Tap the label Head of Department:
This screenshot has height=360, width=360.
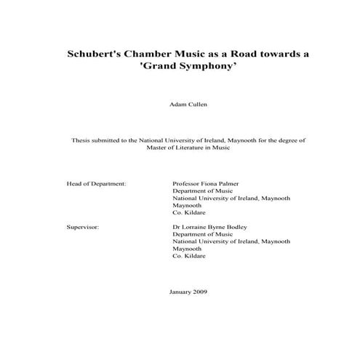[x=96, y=185]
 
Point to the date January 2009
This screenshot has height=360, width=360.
[x=188, y=292]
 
